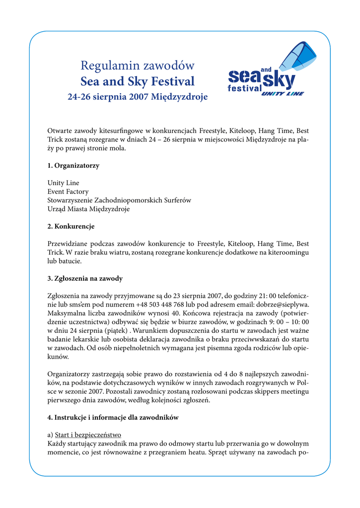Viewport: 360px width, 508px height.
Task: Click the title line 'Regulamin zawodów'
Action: coord(137,65)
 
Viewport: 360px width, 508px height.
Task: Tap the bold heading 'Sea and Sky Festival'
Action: coord(137,81)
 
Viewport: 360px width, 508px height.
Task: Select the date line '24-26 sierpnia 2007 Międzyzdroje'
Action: coord(137,96)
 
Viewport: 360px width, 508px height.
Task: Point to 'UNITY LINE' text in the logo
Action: coord(282,93)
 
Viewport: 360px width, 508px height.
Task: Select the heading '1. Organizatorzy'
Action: coord(73,166)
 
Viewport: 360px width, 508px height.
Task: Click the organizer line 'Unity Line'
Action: coord(63,183)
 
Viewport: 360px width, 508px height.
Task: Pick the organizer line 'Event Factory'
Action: coord(68,191)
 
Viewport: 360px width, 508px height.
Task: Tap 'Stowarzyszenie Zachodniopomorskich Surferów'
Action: coord(119,200)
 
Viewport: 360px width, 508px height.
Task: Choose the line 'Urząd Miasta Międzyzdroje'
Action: coord(88,209)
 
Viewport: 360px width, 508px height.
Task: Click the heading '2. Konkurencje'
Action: coord(71,226)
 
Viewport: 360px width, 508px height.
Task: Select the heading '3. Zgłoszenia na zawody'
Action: coord(84,278)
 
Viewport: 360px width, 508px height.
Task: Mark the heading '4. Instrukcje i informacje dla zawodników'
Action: coord(113,418)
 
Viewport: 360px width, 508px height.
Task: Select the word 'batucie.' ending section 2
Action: coord(71,261)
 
